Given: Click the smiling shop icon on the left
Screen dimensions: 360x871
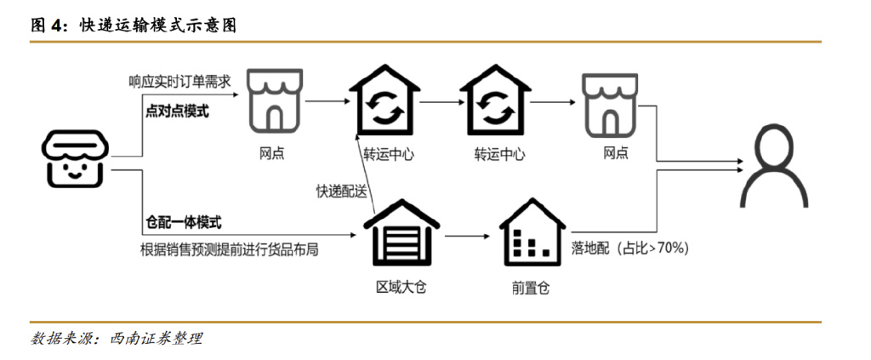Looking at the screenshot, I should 74,160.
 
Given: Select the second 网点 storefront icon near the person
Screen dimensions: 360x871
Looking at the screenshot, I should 609,103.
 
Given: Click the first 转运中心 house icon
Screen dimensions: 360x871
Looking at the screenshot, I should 384,101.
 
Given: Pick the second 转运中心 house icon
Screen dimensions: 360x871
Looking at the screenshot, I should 493,101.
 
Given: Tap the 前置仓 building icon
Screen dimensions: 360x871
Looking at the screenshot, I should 531,233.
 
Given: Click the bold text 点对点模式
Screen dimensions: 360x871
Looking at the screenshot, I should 178,112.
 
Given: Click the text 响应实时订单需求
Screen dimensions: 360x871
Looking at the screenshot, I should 179,83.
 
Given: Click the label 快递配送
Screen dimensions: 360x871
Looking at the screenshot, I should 341,191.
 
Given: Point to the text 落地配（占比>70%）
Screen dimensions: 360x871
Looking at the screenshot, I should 629,249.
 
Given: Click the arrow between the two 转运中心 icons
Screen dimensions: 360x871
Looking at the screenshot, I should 440,101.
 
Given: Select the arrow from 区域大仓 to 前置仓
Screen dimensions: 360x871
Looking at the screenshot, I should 466,237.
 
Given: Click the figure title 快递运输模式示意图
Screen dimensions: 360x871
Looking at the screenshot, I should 157,26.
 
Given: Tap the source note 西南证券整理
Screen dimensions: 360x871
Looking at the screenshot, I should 157,338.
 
